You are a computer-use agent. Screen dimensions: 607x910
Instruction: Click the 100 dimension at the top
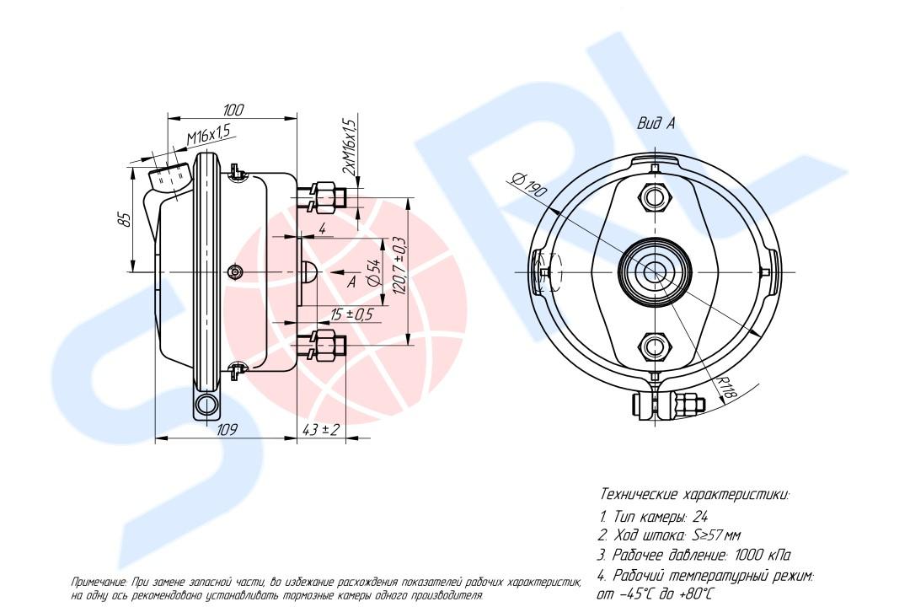(x=233, y=110)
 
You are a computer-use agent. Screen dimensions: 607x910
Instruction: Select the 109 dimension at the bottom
(x=227, y=430)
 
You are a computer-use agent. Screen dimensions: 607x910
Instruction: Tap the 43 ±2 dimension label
(x=320, y=430)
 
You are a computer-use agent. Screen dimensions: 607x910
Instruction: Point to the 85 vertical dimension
(x=125, y=218)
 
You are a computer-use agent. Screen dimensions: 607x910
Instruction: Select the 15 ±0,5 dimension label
(x=351, y=314)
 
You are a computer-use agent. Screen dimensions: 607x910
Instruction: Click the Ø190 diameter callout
(x=529, y=185)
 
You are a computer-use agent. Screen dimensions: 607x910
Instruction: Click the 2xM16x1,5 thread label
(x=348, y=146)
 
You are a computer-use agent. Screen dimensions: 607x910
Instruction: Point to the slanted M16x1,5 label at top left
(x=208, y=134)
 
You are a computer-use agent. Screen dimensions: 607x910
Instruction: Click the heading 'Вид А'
(x=656, y=123)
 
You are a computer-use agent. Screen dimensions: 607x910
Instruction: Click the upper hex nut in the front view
(x=656, y=197)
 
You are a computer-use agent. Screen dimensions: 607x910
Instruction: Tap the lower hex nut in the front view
(x=656, y=346)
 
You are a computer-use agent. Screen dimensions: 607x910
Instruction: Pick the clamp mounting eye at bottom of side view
(x=206, y=406)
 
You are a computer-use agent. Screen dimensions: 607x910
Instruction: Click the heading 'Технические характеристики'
(x=694, y=494)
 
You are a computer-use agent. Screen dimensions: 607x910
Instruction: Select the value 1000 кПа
(x=762, y=556)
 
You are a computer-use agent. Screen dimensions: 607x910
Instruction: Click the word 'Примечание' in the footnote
(x=99, y=583)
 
